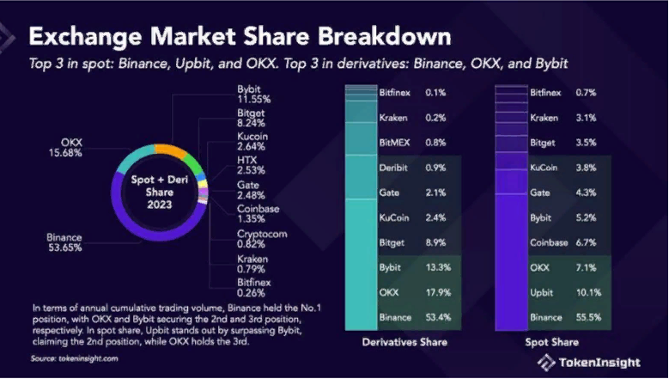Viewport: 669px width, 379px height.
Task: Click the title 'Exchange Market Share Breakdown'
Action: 241,36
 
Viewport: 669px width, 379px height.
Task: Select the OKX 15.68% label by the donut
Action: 72,147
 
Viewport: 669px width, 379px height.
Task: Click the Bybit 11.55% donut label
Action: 253,95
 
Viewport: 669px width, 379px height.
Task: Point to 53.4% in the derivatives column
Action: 436,317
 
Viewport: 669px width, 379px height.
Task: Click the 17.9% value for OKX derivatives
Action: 436,292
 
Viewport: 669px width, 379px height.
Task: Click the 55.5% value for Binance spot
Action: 589,317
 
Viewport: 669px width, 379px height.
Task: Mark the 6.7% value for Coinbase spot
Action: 587,242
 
